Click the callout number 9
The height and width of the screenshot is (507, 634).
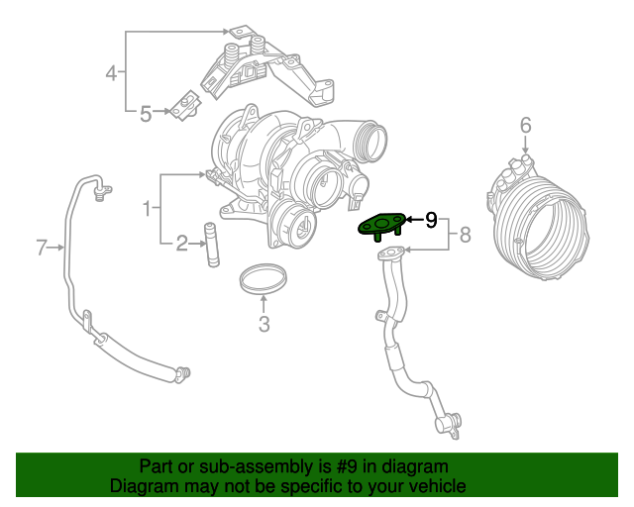[x=431, y=220]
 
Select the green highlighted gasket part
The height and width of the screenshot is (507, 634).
[x=379, y=227]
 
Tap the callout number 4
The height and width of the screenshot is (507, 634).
[x=112, y=72]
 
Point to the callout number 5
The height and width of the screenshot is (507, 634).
[x=146, y=114]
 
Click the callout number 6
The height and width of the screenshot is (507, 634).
[x=525, y=125]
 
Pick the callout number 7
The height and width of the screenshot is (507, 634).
[x=42, y=248]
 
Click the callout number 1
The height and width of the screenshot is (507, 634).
[x=147, y=208]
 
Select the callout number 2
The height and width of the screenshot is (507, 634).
[x=182, y=244]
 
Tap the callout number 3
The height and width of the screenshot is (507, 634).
[x=264, y=325]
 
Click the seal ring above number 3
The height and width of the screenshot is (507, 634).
[x=264, y=278]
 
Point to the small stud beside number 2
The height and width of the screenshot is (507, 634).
[x=210, y=246]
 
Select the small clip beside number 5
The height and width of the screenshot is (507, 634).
[x=183, y=107]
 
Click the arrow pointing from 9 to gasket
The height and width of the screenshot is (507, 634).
[x=413, y=220]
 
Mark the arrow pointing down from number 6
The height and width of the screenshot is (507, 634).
[x=525, y=146]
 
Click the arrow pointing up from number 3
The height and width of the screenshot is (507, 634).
[x=264, y=302]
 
